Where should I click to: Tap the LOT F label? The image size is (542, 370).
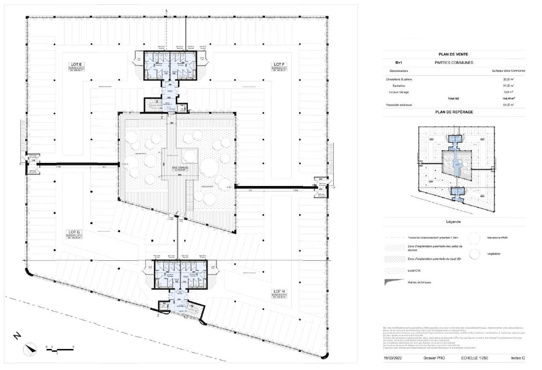[280, 64]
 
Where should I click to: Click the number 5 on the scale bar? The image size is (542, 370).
[73, 347]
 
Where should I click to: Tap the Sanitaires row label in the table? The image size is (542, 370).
[401, 86]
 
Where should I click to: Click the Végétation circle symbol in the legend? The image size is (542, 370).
[475, 254]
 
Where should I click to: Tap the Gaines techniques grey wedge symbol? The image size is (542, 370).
[394, 282]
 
